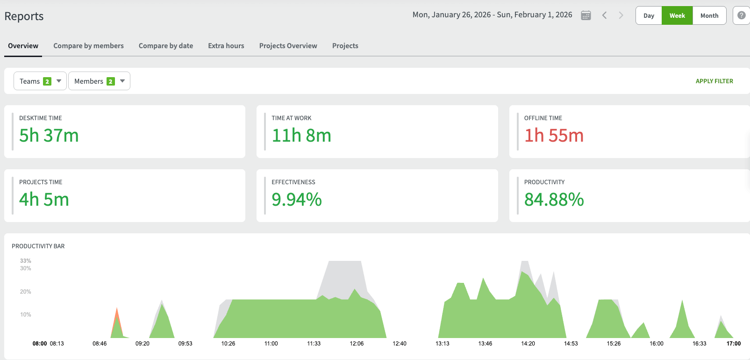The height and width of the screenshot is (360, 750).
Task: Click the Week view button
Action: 677,15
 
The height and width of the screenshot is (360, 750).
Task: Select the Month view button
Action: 709,15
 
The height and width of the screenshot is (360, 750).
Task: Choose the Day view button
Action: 649,15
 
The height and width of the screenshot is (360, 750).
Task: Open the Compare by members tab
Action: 88,46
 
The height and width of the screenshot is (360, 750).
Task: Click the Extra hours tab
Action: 226,46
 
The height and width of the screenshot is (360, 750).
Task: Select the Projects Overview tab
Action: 288,46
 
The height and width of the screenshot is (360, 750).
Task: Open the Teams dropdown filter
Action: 40,81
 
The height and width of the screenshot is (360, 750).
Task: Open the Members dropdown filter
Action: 99,81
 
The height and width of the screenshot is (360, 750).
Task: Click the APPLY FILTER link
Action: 714,81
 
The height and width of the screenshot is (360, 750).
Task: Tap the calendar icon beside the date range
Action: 586,15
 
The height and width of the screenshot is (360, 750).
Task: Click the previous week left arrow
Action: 605,15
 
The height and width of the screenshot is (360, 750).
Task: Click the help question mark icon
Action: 741,15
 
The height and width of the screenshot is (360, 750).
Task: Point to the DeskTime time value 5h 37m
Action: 49,136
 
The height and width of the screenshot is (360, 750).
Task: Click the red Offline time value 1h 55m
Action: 554,136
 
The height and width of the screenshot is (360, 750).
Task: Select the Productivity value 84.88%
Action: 554,200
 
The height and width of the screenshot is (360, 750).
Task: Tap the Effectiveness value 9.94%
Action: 297,200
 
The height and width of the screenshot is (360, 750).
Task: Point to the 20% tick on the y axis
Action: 26,292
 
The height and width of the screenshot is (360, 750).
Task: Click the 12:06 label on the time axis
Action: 357,344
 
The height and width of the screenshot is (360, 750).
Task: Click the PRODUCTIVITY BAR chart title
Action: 38,246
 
